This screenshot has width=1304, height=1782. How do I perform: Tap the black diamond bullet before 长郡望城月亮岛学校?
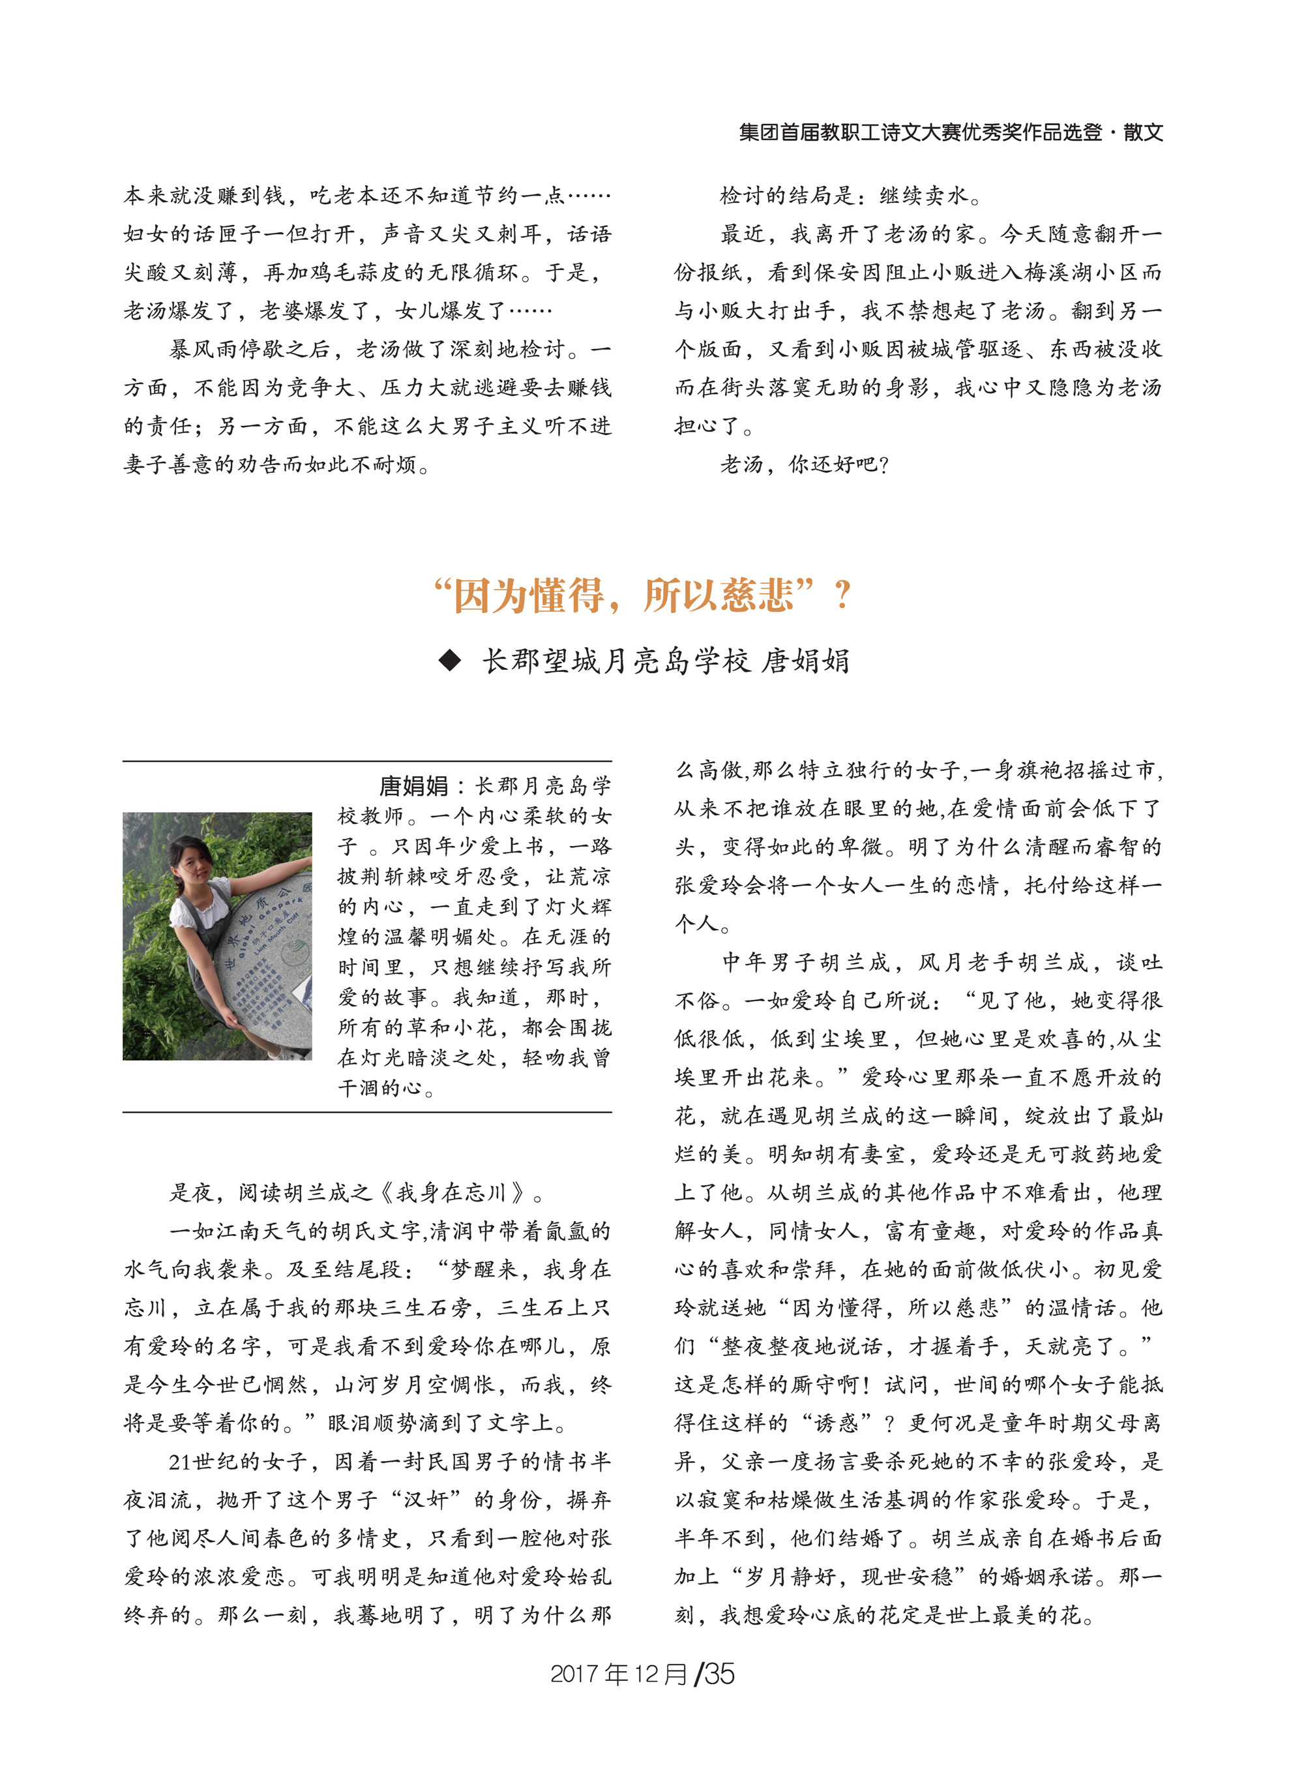coord(451,660)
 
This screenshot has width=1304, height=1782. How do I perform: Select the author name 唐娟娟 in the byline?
coord(805,661)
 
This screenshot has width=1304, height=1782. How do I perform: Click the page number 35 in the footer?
coord(719,1673)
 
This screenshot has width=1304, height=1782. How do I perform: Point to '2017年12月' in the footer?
coord(618,1673)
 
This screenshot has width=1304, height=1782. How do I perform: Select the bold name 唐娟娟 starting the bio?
coord(413,785)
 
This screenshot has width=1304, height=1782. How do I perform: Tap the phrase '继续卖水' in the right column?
coord(923,195)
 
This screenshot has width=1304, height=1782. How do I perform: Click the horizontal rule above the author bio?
coord(367,762)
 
